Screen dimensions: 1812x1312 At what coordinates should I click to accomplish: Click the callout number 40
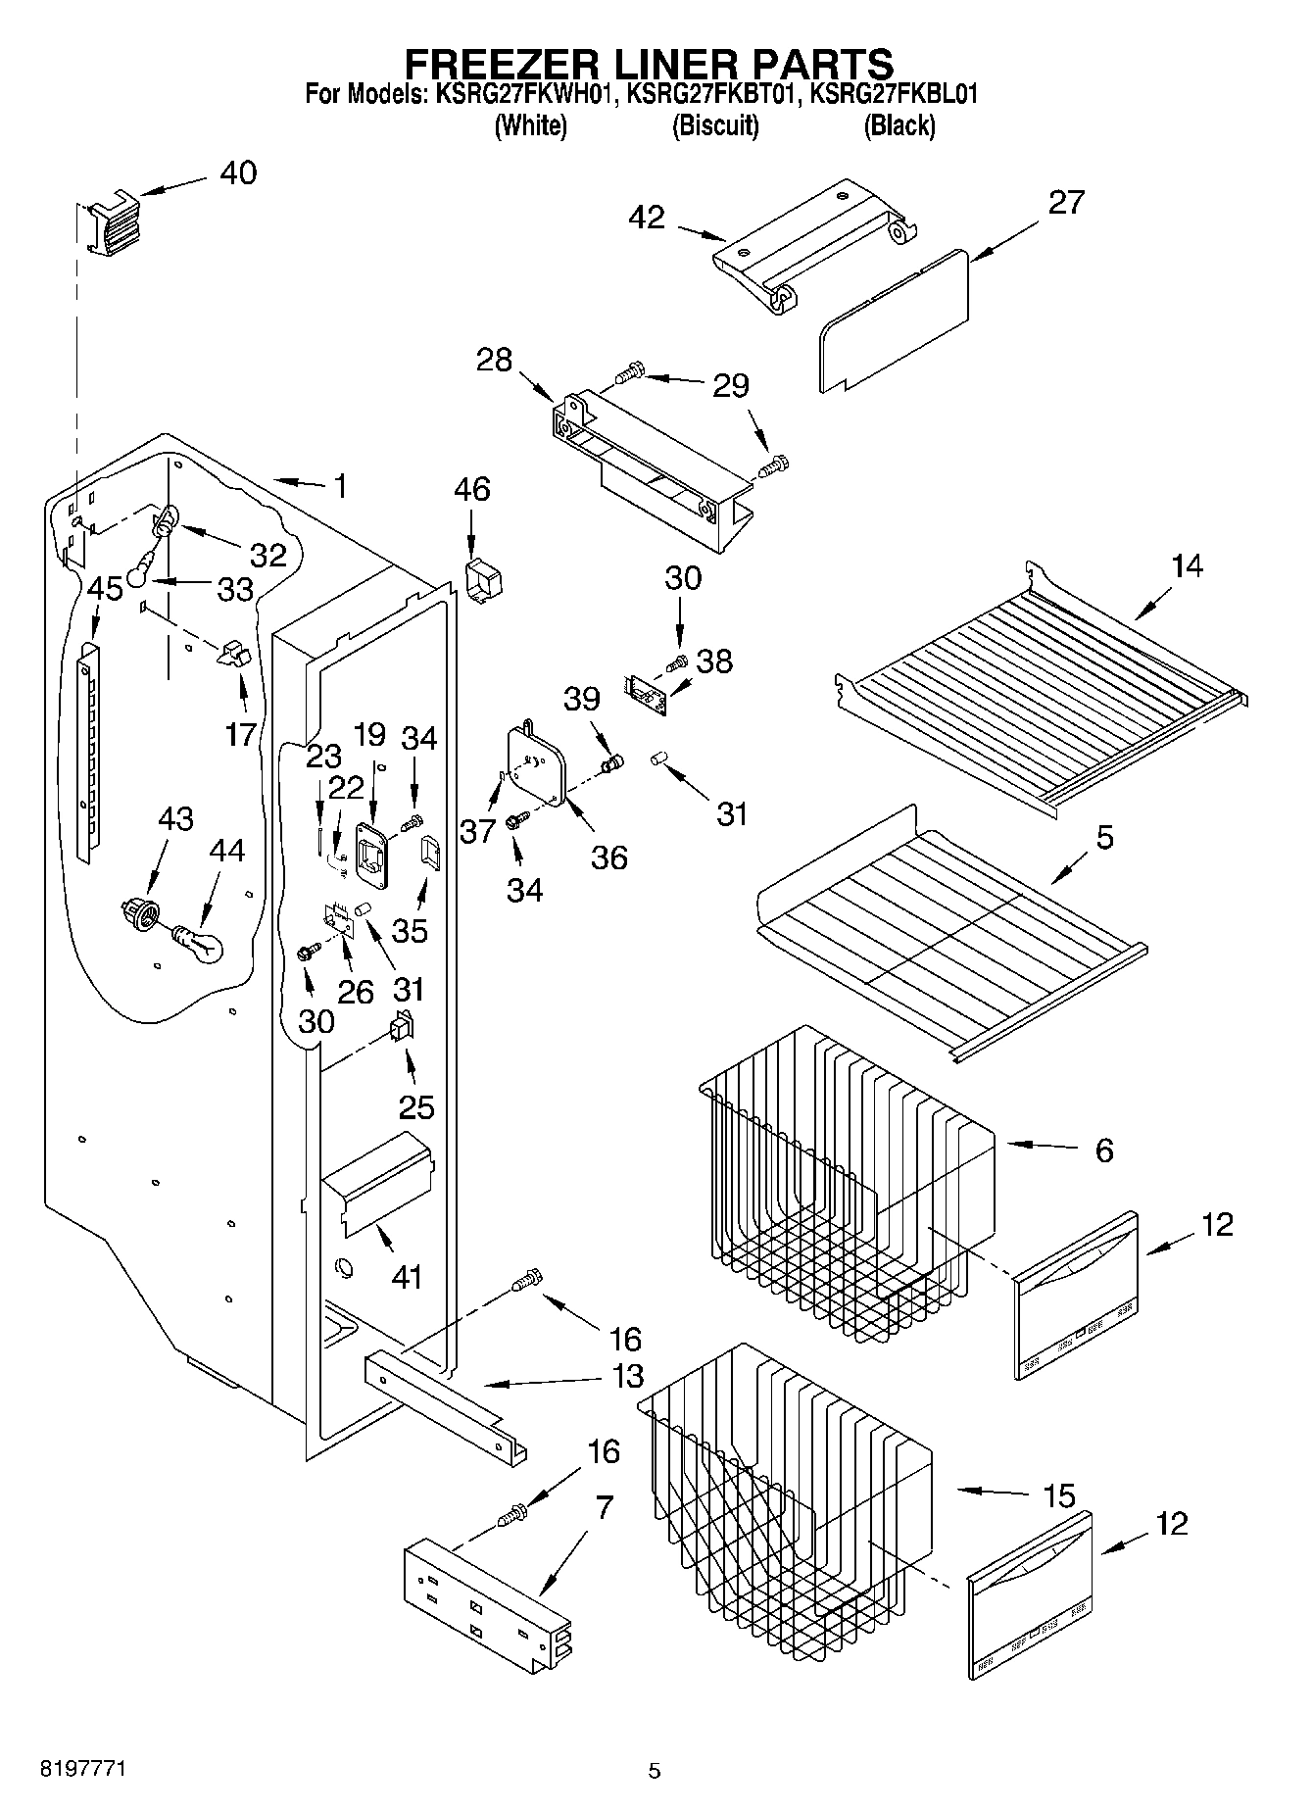click(237, 172)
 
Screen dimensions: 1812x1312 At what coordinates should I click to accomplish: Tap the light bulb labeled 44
click(200, 944)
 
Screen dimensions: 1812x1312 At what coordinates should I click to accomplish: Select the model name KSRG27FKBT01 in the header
click(713, 94)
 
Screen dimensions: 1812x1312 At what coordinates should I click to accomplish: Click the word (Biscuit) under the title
click(715, 125)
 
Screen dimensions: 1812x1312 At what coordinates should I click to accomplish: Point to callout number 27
click(1066, 202)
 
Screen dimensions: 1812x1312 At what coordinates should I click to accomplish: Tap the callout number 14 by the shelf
click(1187, 565)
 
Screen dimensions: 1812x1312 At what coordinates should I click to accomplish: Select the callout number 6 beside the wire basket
click(1104, 1150)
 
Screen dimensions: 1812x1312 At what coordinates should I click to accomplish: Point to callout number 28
click(495, 360)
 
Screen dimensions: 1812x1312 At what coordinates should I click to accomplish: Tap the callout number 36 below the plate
click(608, 857)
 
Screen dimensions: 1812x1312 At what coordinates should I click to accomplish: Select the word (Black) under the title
click(899, 125)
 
